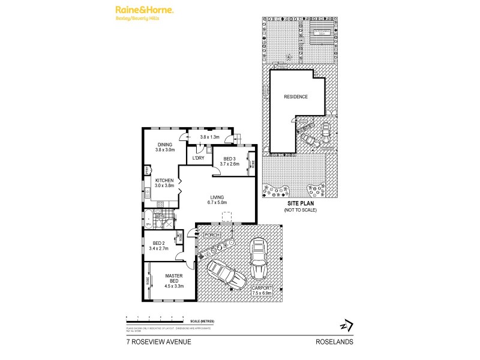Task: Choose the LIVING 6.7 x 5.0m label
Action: coord(217,199)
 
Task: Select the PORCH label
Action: coord(212,235)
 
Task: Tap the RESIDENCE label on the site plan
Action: coord(296,97)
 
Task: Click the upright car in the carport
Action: coord(259,258)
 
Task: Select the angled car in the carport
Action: coord(226,275)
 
